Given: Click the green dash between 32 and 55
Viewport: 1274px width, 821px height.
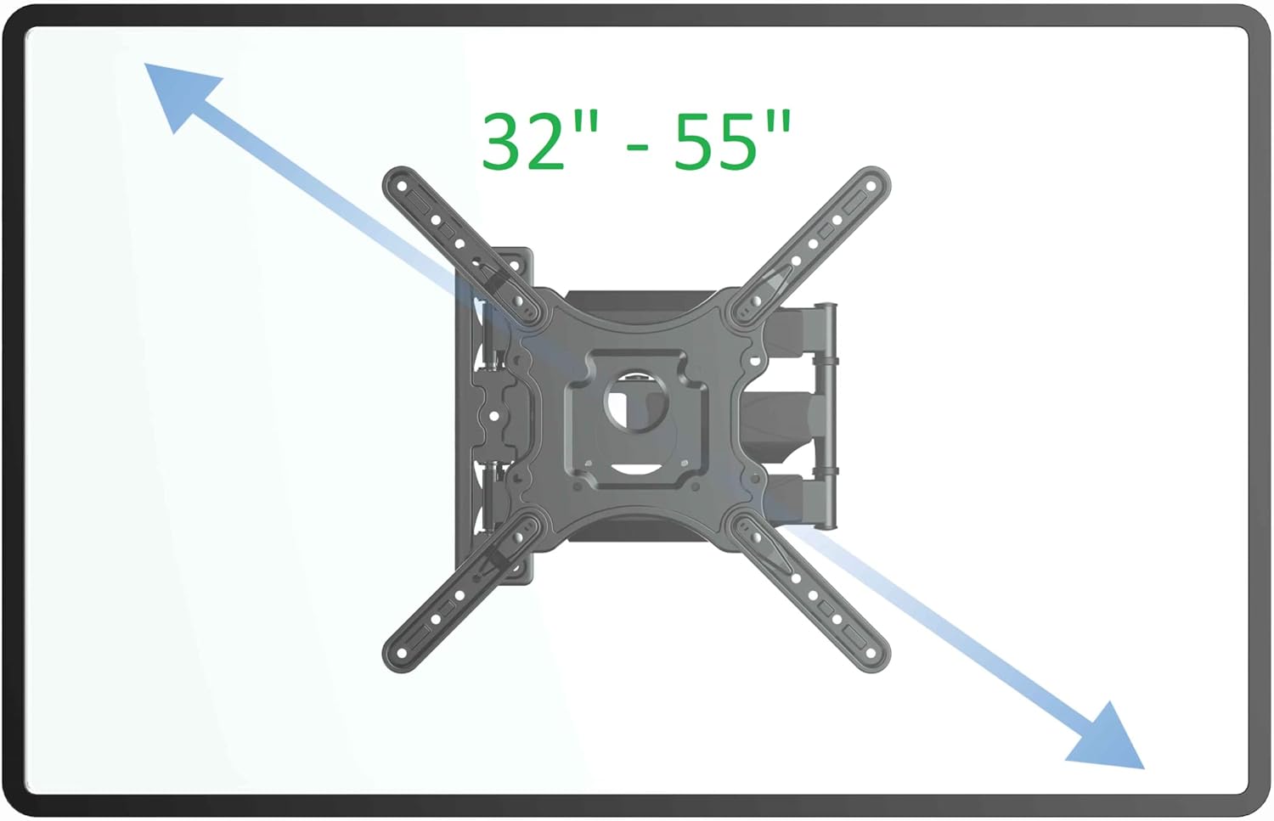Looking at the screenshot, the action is pos(638,147).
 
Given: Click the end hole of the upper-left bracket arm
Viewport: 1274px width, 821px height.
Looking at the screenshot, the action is pos(402,186).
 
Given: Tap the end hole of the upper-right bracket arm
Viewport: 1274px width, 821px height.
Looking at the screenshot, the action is pos(871,186).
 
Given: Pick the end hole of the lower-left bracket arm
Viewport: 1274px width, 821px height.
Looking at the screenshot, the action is pos(402,653).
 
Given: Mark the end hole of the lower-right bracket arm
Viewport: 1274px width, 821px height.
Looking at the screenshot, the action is pos(871,653).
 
